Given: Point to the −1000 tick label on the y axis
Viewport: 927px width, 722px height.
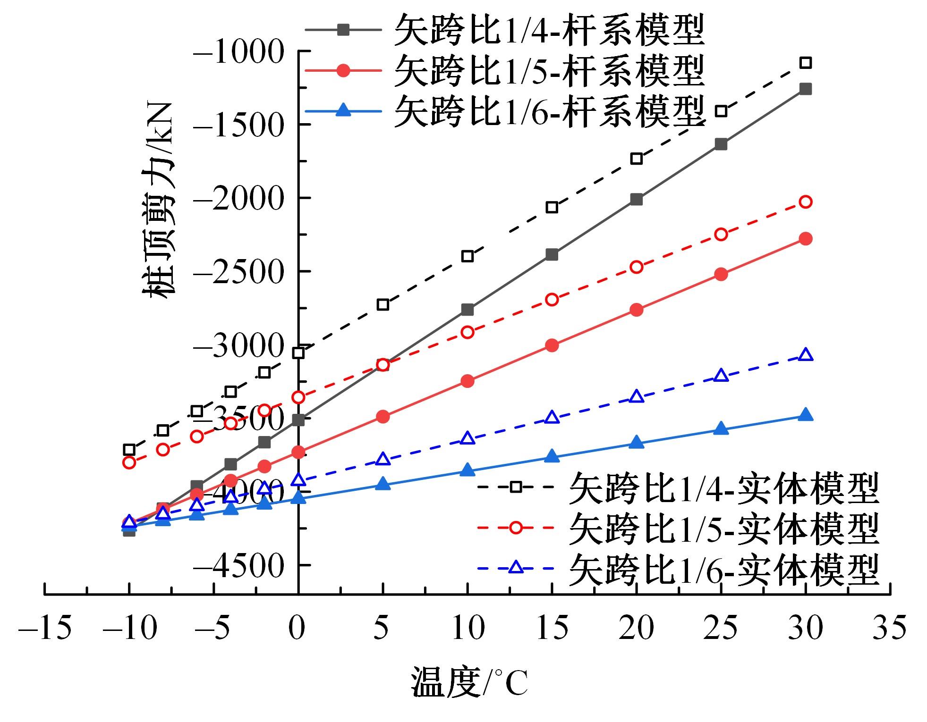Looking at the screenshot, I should tap(239, 51).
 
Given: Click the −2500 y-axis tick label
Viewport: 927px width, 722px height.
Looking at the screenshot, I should tap(239, 272).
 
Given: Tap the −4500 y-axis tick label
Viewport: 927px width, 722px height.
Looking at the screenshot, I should tap(239, 565).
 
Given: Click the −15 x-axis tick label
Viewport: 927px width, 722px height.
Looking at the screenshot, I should tap(45, 628).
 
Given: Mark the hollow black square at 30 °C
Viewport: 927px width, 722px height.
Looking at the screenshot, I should tap(805, 63).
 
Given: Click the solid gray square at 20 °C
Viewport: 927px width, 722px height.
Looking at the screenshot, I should tap(636, 200).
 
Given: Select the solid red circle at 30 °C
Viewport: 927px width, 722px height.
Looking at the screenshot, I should tap(805, 239).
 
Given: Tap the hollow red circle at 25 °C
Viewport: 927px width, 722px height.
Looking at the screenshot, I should tap(721, 234).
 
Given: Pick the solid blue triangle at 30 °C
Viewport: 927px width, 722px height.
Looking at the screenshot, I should tap(805, 415).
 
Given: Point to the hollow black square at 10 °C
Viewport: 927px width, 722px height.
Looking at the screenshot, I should tap(468, 256).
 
